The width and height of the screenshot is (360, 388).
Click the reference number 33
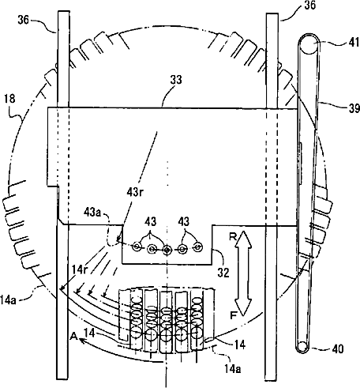coord(176,80)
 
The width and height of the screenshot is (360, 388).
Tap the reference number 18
coord(9,99)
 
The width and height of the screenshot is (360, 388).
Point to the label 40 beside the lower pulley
coord(338,349)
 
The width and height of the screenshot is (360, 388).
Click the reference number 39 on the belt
coord(354,108)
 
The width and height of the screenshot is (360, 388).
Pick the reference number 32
coord(223,273)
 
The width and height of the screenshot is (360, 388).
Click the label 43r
coord(135,193)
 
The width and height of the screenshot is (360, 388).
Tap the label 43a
coord(92,212)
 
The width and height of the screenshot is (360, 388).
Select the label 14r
coord(80,270)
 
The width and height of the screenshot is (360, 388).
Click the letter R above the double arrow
coord(233,237)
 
